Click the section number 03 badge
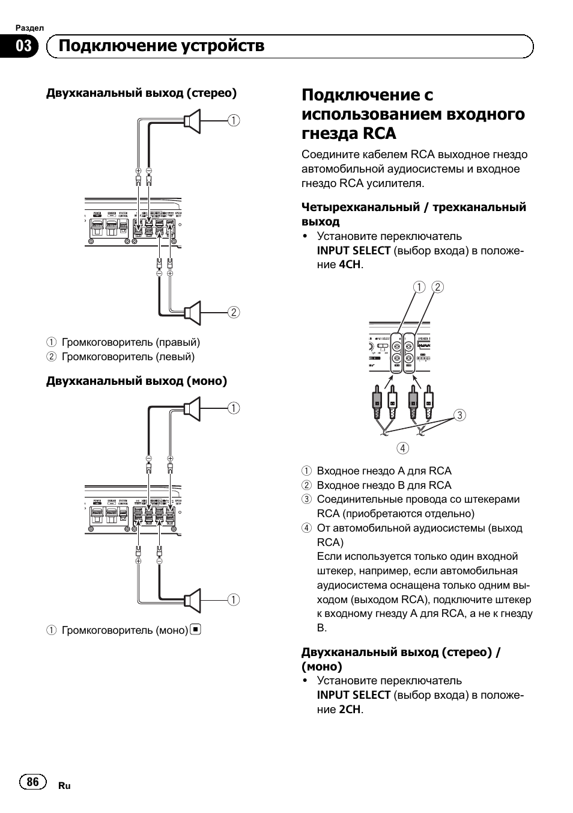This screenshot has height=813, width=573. pos(23,46)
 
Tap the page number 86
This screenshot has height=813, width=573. pos(33,781)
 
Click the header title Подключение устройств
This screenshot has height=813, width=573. pos(162,46)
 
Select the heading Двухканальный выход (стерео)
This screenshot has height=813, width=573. pos(142,93)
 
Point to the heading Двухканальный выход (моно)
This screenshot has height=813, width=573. pos(137,381)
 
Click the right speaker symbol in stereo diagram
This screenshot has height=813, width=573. pos(192,120)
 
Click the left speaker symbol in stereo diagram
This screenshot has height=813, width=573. pos(192,312)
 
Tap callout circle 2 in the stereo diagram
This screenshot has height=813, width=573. pos(234,312)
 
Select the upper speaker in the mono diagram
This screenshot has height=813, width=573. pos(192,409)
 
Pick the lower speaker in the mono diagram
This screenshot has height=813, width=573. pos(192,600)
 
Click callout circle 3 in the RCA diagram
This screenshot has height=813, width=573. pos(459,415)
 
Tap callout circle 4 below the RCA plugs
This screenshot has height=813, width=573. pos(402,448)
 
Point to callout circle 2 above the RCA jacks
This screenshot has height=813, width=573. pos(437,287)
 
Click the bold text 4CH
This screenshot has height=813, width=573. pos(351,265)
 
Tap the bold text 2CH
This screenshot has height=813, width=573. pos(351,709)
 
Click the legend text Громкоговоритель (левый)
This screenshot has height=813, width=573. pos(128,357)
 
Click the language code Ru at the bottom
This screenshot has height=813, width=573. pos(64,786)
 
